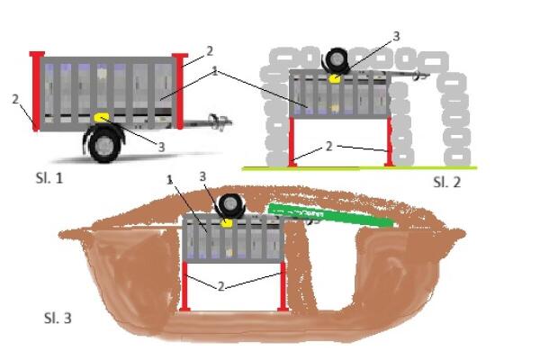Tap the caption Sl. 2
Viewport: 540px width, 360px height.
(x=446, y=182)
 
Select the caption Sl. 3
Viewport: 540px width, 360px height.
(x=58, y=317)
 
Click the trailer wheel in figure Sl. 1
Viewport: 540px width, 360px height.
(x=105, y=144)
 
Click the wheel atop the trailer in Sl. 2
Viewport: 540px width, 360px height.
(x=340, y=61)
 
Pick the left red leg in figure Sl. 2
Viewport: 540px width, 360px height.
(x=293, y=142)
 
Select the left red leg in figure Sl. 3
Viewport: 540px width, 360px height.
(x=184, y=286)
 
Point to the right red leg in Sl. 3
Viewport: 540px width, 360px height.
(x=283, y=286)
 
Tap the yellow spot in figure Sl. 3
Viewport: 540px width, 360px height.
(x=229, y=221)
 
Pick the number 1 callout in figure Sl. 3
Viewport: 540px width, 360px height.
(x=169, y=182)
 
